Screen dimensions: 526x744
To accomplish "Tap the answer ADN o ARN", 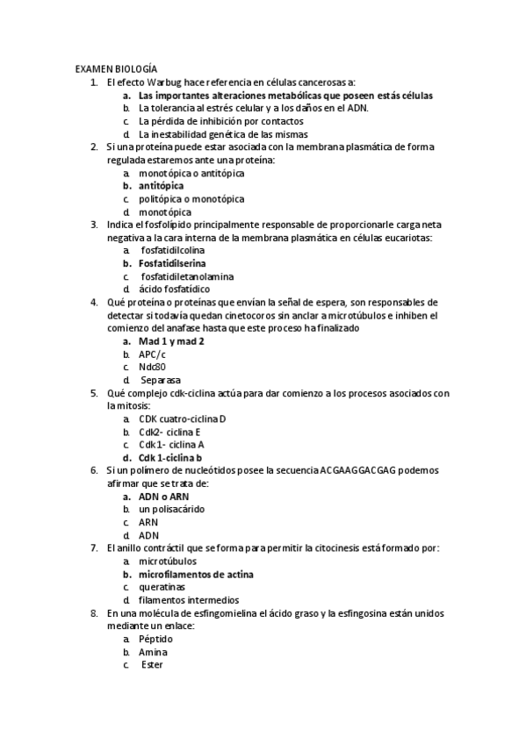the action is (x=163, y=496).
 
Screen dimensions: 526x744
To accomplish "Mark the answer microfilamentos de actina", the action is (x=196, y=574).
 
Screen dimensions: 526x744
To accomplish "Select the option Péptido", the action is (x=155, y=639).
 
